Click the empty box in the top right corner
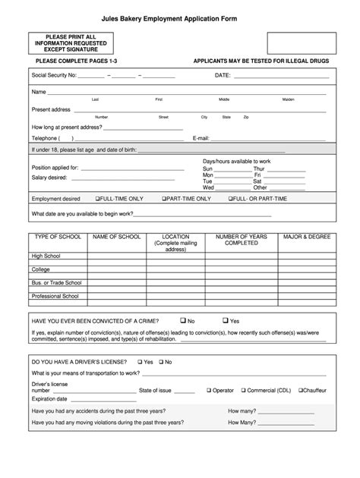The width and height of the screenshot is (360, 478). pyautogui.click(x=301, y=42)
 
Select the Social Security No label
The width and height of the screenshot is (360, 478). pyautogui.click(x=54, y=76)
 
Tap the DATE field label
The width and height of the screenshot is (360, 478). pyautogui.click(x=223, y=76)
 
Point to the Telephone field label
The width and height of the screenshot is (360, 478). pyautogui.click(x=45, y=138)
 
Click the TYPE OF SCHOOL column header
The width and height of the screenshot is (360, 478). pyautogui.click(x=54, y=237)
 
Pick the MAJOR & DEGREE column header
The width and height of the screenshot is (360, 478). pyautogui.click(x=307, y=237)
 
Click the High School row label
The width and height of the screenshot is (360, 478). pyautogui.click(x=46, y=256)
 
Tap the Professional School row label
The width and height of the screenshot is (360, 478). pyautogui.click(x=55, y=296)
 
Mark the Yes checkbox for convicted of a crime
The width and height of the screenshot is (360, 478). pyautogui.click(x=226, y=320)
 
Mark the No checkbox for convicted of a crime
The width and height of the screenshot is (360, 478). pyautogui.click(x=183, y=320)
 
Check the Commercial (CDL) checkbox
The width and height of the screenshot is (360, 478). pyautogui.click(x=244, y=390)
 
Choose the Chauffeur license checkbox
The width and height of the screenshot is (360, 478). pyautogui.click(x=301, y=390)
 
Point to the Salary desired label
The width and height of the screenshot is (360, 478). pyautogui.click(x=49, y=178)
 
